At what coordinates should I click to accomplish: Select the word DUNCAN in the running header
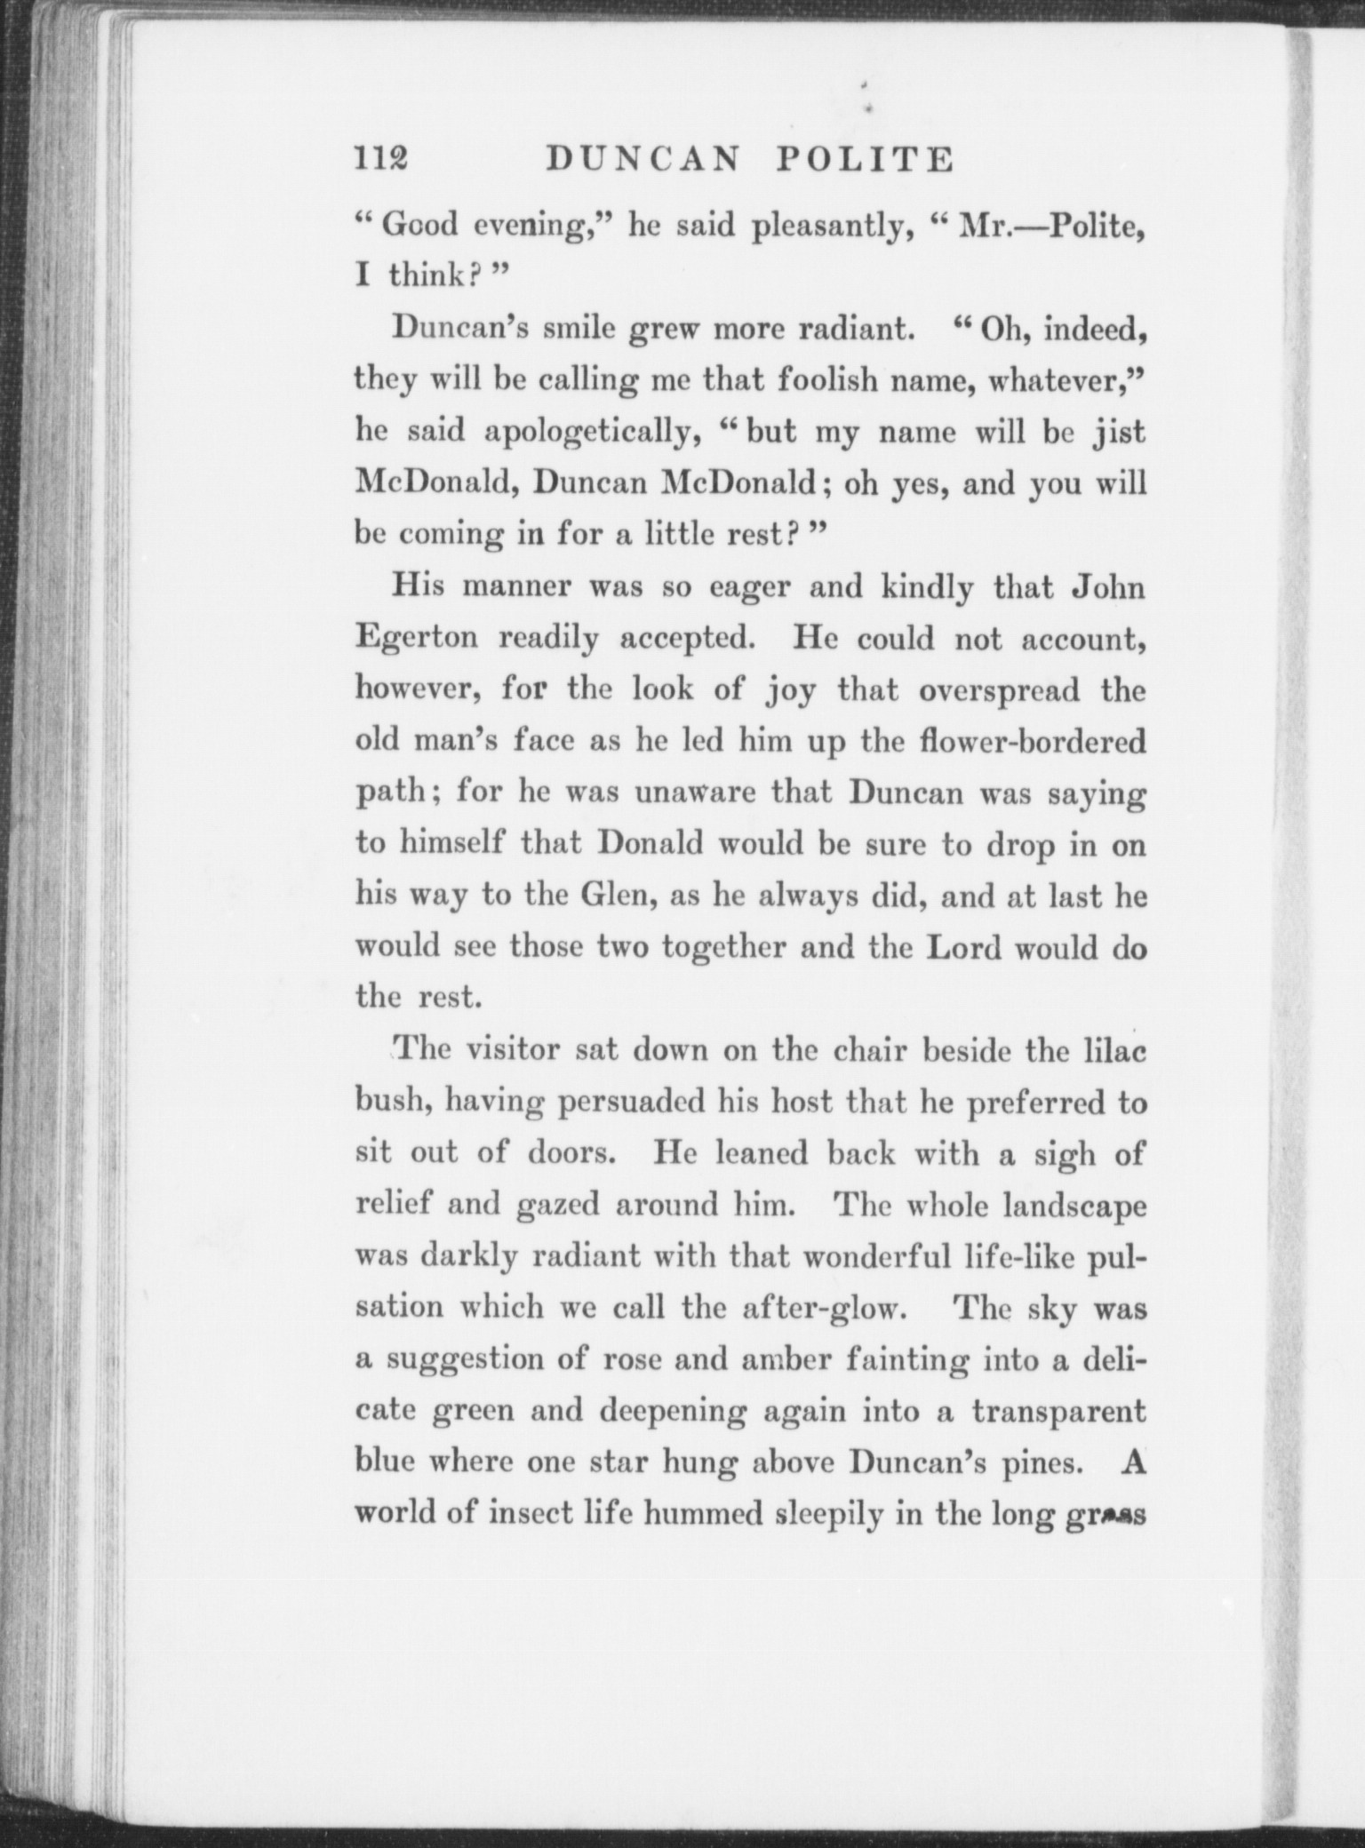click(643, 159)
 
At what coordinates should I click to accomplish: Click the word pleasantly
click(829, 227)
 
